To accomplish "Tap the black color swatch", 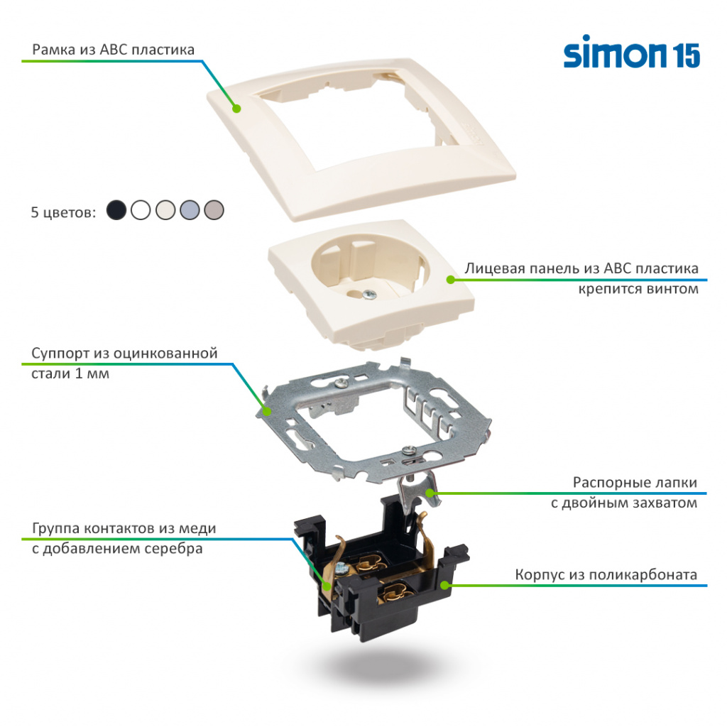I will point(116,210).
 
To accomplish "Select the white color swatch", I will point(141,210).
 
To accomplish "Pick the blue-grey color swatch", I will point(190,210).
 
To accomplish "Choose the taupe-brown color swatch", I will point(214,210).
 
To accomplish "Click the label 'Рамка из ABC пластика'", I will point(114,50).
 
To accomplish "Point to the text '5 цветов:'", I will point(63,212).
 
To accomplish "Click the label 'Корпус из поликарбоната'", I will point(606,574).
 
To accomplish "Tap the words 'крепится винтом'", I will point(638,289).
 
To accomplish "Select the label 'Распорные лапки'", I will point(635,483).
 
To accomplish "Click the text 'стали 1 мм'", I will point(70,373).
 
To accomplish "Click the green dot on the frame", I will point(236,109).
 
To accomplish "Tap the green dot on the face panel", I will point(450,280).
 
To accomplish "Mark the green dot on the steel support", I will point(267,410).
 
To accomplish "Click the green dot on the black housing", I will point(445,585).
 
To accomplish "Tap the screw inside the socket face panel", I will point(368,293).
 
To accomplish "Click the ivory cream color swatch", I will point(165,210).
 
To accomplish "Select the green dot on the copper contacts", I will point(326,586).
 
